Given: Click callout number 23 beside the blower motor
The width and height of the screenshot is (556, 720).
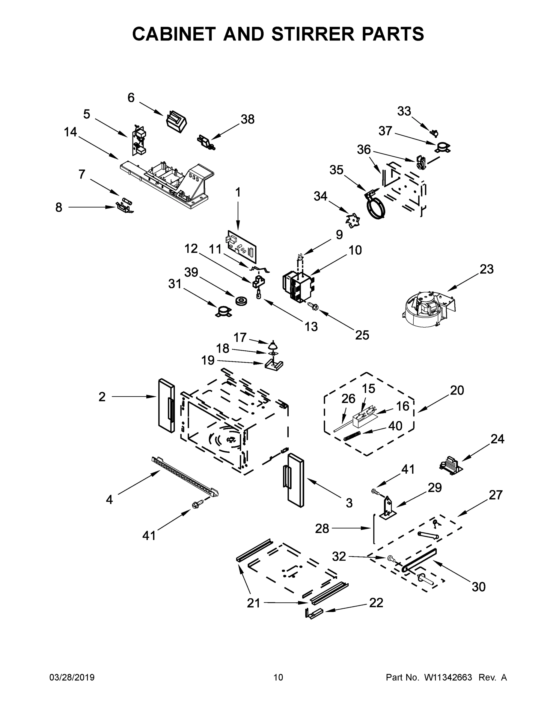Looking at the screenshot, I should (x=486, y=269).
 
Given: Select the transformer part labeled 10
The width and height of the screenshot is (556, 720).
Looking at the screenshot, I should (x=299, y=285).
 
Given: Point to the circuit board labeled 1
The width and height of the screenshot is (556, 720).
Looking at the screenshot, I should (x=242, y=247).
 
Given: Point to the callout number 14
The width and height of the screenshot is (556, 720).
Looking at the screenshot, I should (x=70, y=132).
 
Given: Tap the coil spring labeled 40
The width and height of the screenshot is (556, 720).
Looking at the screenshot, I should (x=352, y=437).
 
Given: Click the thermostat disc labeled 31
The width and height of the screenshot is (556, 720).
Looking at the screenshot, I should (x=223, y=311).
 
